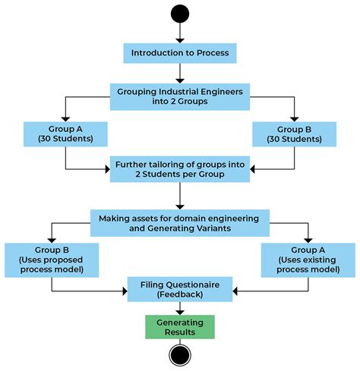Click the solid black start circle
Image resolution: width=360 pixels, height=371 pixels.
click(x=180, y=14)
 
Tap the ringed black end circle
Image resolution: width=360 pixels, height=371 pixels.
click(x=180, y=355)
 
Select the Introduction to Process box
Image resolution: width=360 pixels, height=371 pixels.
click(x=180, y=53)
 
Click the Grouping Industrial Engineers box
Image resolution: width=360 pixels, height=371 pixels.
click(x=180, y=96)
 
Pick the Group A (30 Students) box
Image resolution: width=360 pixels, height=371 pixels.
click(x=65, y=134)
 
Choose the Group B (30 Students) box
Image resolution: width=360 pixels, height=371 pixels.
click(x=295, y=134)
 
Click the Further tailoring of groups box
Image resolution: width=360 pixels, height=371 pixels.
click(x=180, y=169)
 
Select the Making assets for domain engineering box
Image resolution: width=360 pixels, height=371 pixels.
click(x=180, y=223)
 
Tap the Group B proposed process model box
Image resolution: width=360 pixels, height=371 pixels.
click(x=52, y=260)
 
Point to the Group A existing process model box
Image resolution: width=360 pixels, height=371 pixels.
click(x=308, y=260)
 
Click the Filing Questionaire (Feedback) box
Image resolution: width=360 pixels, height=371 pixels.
click(x=180, y=289)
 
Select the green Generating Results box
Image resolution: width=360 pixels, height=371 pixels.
click(x=180, y=327)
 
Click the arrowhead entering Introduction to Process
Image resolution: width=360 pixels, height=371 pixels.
click(x=180, y=41)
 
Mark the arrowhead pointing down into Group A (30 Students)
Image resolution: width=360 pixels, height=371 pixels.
click(x=65, y=119)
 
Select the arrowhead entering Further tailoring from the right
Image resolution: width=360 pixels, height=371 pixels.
click(x=252, y=169)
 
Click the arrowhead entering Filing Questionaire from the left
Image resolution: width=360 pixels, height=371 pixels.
click(x=125, y=291)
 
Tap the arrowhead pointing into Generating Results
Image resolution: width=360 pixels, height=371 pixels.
click(x=180, y=313)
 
